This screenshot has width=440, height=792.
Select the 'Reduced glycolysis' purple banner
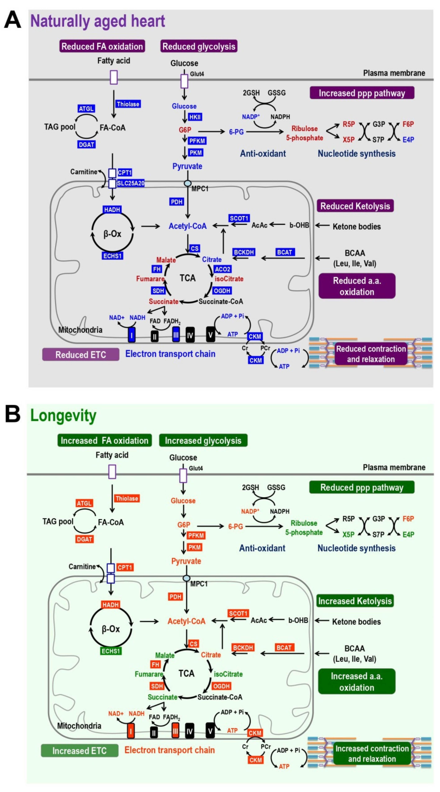coord(199,46)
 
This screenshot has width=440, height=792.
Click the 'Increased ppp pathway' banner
coord(362,93)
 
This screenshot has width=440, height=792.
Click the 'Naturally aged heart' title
coord(97,21)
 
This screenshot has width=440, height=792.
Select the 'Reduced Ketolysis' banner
coord(355,206)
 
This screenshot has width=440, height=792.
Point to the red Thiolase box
coord(127,498)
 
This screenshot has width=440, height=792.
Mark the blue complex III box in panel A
coord(176,335)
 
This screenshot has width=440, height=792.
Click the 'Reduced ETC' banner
coord(81,355)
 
